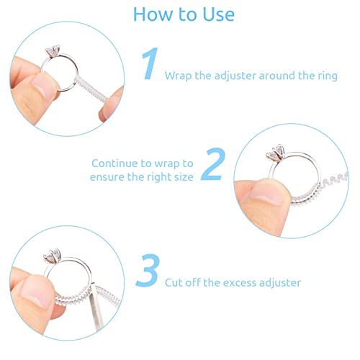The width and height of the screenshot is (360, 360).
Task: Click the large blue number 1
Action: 149,65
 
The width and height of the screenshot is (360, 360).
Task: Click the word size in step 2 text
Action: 182,176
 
